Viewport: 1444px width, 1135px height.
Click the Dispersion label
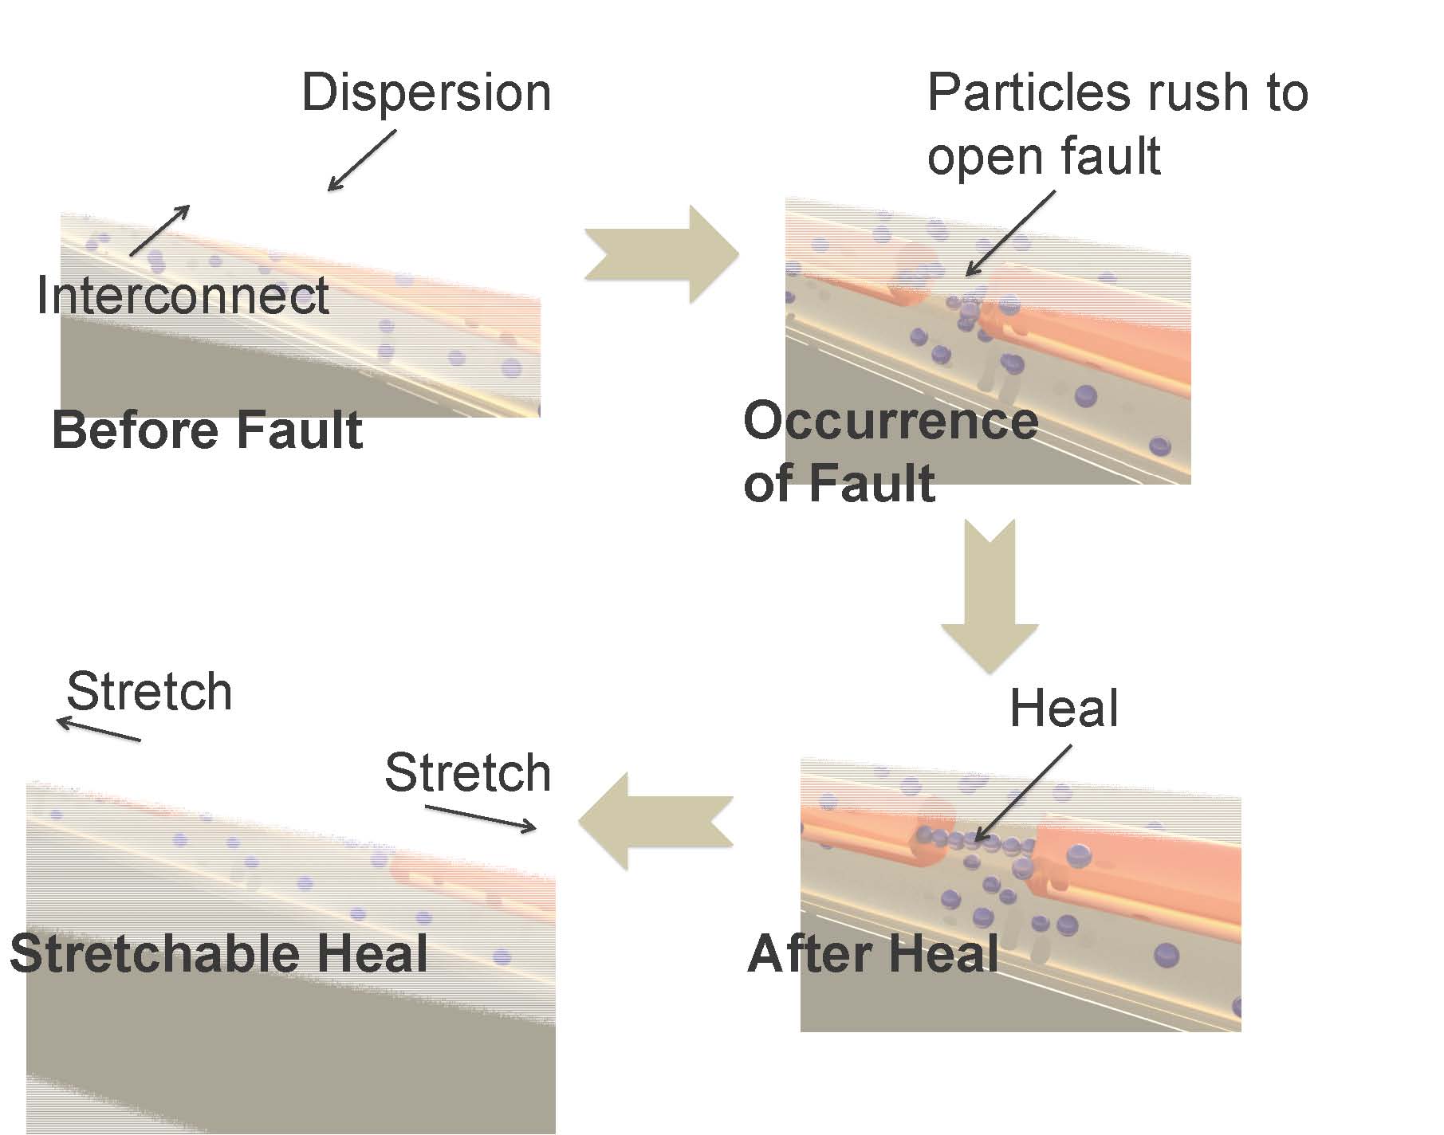426,93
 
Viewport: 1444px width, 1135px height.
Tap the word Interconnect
183,296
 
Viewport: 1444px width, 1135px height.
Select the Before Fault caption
207,430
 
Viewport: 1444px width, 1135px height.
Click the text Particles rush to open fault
1116,124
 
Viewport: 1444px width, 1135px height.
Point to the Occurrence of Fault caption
889,452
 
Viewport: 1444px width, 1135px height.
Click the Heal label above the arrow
1064,708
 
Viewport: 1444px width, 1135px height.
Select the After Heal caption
873,953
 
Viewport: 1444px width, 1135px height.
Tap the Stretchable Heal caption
218,953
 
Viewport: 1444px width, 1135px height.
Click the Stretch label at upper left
149,691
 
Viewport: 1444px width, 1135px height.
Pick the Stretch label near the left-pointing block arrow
467,772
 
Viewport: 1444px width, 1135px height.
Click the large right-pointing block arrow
661,254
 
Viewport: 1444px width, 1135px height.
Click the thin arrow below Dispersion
362,160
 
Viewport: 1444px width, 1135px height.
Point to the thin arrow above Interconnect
159,230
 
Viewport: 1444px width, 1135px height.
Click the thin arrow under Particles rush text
1009,233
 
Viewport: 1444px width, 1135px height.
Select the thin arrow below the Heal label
1023,794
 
